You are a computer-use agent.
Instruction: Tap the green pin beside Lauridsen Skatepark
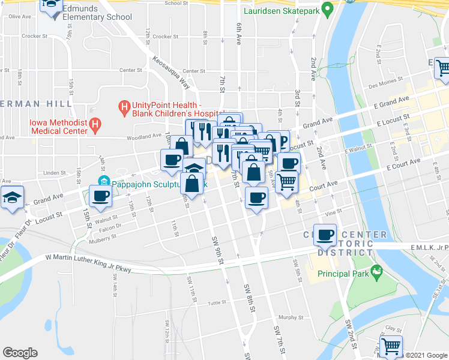click(x=327, y=10)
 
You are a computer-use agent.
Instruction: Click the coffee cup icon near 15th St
click(x=100, y=196)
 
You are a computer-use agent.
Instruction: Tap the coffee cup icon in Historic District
click(x=325, y=234)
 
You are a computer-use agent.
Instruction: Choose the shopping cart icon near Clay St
click(x=391, y=346)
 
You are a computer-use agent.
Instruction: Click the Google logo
click(x=20, y=353)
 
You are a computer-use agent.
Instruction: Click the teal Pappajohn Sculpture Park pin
click(x=103, y=182)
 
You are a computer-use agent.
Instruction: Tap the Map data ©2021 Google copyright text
click(x=426, y=355)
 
